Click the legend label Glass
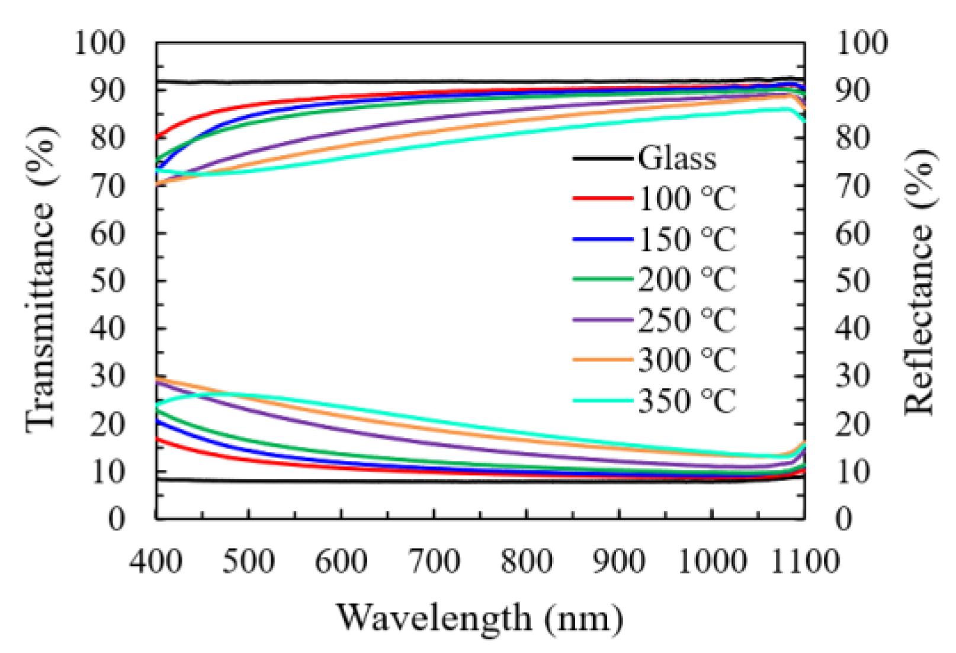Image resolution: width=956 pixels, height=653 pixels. pyautogui.click(x=676, y=158)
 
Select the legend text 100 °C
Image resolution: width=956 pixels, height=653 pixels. pyautogui.click(x=686, y=199)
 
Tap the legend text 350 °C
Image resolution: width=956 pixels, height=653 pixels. pyautogui.click(x=686, y=401)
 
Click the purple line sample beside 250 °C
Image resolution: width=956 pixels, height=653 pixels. pyautogui.click(x=602, y=320)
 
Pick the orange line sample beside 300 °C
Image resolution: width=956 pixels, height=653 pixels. pyautogui.click(x=602, y=360)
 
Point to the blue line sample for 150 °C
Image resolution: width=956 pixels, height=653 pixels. pyautogui.click(x=602, y=239)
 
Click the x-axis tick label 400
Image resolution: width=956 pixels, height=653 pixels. pyautogui.click(x=156, y=561)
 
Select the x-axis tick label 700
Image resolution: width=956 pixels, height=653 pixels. pyautogui.click(x=434, y=561)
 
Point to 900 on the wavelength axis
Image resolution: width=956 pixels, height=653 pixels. pyautogui.click(x=619, y=561)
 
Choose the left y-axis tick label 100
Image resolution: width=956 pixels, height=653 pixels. pyautogui.click(x=99, y=43)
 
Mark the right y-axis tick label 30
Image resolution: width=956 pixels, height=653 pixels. pyautogui.click(x=852, y=376)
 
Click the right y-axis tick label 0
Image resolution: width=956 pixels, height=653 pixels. pyautogui.click(x=843, y=518)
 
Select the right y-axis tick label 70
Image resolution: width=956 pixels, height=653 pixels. pyautogui.click(x=852, y=185)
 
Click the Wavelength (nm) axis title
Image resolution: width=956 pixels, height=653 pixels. pyautogui.click(x=480, y=619)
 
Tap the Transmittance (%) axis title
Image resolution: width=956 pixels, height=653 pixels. pyautogui.click(x=42, y=279)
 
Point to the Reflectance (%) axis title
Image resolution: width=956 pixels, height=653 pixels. pyautogui.click(x=920, y=281)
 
